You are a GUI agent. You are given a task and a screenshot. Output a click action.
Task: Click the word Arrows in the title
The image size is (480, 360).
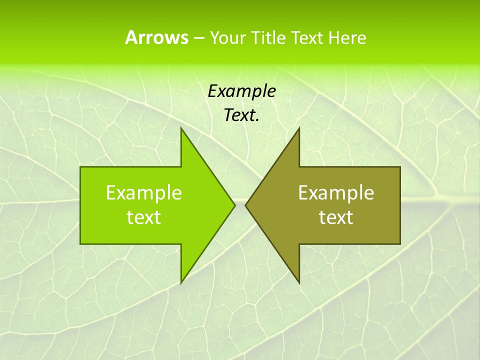point(156,37)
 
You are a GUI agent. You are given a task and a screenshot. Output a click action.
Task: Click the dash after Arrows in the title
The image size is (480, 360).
point(198,38)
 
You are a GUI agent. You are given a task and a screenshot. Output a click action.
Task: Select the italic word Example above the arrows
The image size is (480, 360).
point(241,91)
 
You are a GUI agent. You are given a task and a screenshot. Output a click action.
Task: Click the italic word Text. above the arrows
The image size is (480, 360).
point(241,115)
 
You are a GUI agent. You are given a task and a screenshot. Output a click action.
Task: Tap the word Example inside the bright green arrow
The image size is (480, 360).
point(144,192)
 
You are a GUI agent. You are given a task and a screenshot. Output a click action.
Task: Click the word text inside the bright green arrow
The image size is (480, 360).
point(144,217)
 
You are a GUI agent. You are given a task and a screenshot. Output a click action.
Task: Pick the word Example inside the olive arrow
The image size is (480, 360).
point(336,192)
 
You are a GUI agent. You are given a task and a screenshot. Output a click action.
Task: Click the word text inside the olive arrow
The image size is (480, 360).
point(336,217)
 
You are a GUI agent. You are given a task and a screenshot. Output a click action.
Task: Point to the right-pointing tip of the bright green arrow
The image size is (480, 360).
point(234,205)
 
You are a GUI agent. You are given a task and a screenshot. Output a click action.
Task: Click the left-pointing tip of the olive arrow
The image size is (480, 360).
point(246,205)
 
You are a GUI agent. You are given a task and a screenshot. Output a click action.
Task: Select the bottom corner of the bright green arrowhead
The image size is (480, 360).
point(181,282)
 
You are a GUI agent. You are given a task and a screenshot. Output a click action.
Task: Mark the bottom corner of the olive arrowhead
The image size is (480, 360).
point(298,282)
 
